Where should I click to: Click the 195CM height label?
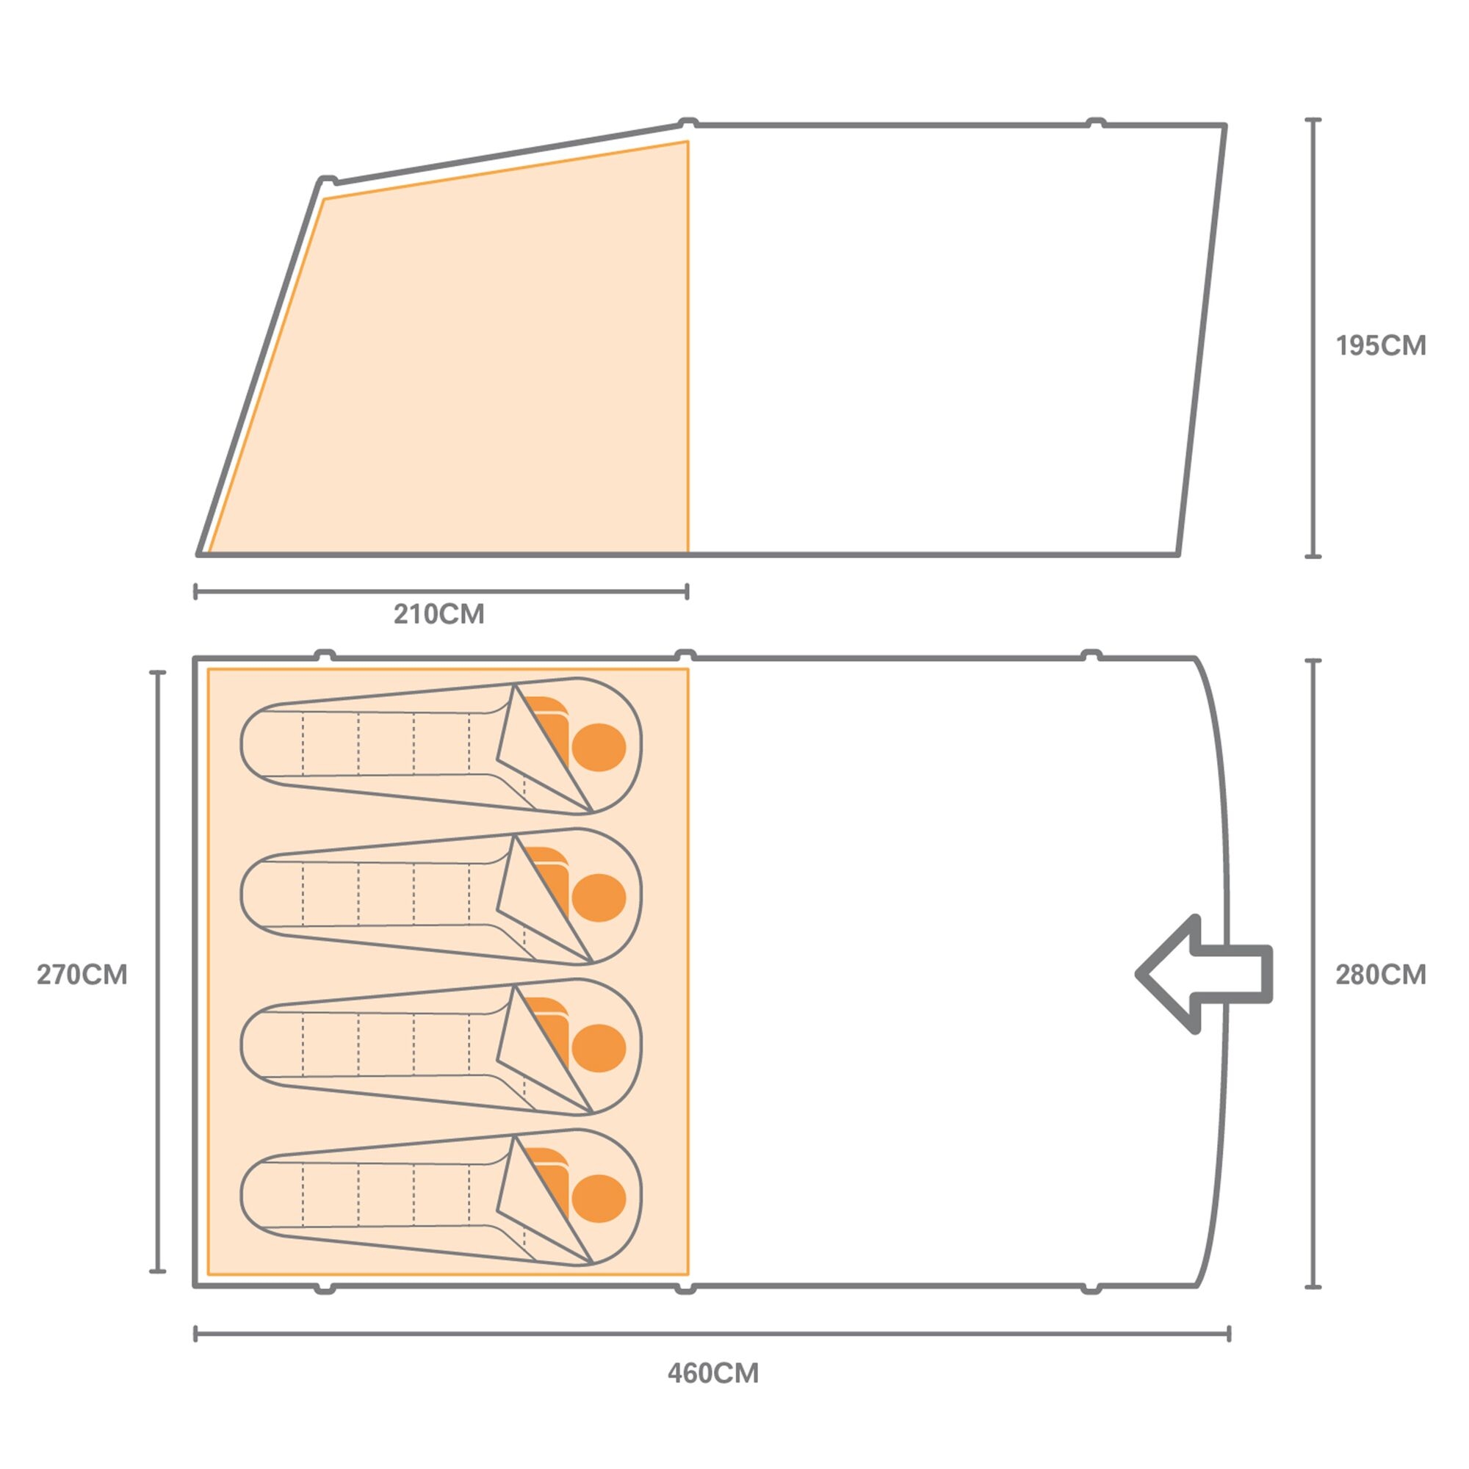1381,346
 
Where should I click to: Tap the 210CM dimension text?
438,613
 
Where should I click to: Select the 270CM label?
82,975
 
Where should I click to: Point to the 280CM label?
1381,975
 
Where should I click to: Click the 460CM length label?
713,1374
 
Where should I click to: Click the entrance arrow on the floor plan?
1204,975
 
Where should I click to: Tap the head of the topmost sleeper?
599,748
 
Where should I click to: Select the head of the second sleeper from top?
599,898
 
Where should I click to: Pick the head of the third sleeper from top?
599,1049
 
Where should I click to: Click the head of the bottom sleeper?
599,1199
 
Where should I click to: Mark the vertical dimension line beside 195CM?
1313,339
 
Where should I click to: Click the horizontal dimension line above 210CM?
441,591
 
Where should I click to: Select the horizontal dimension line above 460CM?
712,1334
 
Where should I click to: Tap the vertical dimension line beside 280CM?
1313,974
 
